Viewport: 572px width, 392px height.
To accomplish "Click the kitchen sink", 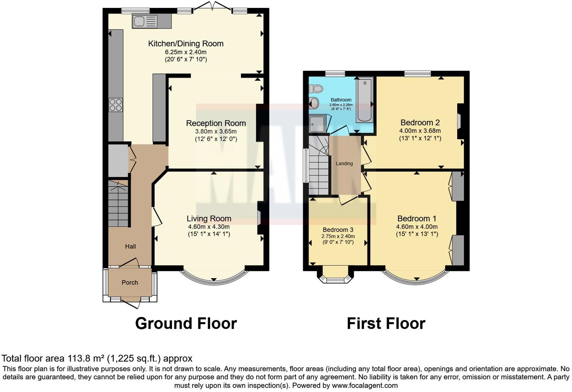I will click(x=145, y=21).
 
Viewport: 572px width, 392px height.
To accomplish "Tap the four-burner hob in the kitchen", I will click(x=116, y=104).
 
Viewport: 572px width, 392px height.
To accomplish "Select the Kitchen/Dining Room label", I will click(x=186, y=44).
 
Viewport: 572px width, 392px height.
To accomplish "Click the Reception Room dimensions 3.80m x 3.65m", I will click(x=216, y=132).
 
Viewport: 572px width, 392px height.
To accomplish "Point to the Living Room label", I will click(x=209, y=219).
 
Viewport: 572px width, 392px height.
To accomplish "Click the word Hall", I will click(x=130, y=247).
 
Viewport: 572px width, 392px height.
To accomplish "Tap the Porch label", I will click(x=130, y=282).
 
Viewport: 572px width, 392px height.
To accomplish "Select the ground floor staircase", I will click(x=118, y=204).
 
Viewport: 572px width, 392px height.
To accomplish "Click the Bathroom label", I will click(x=341, y=100).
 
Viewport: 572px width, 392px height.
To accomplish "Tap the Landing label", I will click(x=344, y=164).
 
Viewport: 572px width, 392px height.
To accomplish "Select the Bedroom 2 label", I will click(x=420, y=122).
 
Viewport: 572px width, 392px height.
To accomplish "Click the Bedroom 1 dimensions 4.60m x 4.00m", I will click(x=417, y=227).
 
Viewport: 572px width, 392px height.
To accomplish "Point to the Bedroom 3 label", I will click(x=338, y=230).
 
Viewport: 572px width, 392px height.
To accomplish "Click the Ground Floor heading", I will click(x=186, y=323).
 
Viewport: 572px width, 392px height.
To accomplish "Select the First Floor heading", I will click(x=386, y=323).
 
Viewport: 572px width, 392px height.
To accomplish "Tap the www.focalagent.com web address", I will click(x=365, y=386).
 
